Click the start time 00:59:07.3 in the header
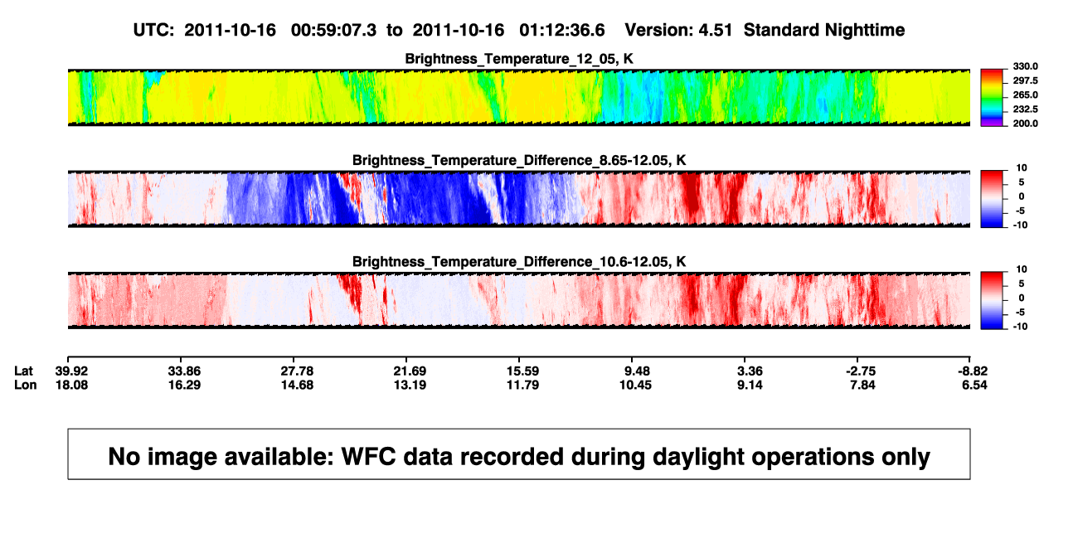click(333, 31)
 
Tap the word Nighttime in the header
click(864, 31)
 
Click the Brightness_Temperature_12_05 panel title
click(519, 59)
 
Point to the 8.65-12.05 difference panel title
click(519, 160)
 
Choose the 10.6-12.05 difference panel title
click(519, 262)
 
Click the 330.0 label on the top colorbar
click(1025, 66)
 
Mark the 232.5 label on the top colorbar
click(1025, 109)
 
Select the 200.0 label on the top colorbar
click(1025, 124)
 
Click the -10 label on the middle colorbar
click(1020, 226)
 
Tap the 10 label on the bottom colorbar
click(1022, 269)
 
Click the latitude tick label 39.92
click(71, 371)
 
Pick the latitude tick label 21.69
click(410, 371)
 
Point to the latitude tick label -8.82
click(972, 371)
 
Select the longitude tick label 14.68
click(297, 385)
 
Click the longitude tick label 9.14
click(750, 385)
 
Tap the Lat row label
click(23, 371)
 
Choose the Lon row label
click(26, 385)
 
